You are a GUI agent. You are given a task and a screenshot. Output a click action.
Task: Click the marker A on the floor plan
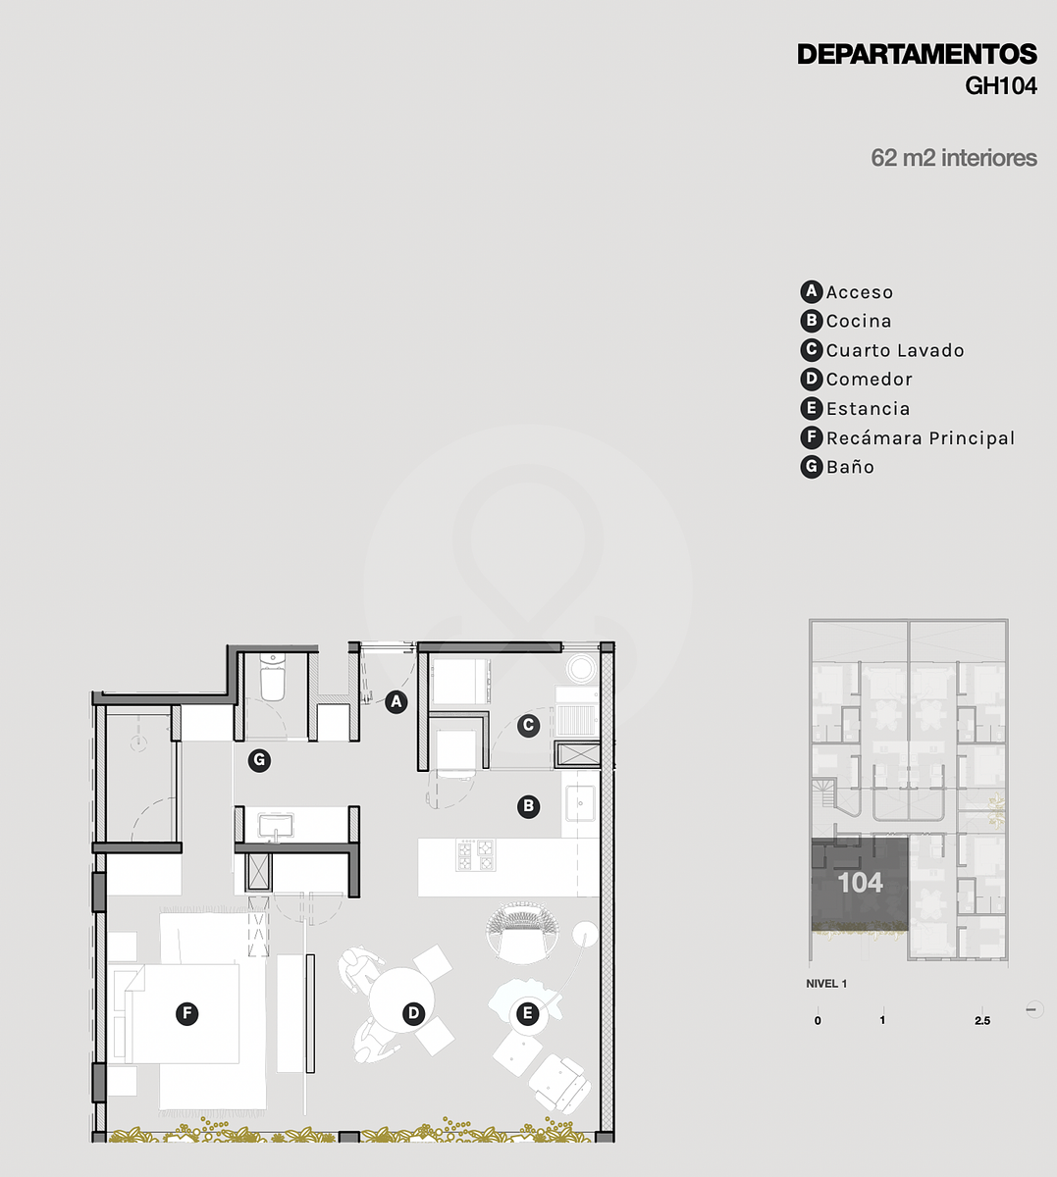pyautogui.click(x=396, y=701)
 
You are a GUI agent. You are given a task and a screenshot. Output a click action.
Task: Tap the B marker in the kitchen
pyautogui.click(x=528, y=806)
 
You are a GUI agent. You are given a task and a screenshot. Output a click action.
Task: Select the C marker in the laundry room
pyautogui.click(x=528, y=726)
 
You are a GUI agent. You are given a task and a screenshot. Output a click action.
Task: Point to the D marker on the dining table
pyautogui.click(x=413, y=1014)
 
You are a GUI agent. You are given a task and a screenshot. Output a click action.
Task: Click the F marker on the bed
pyautogui.click(x=187, y=1014)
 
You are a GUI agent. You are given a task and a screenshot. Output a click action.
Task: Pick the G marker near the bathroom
pyautogui.click(x=259, y=760)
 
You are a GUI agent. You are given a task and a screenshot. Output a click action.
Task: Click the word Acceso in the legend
pyautogui.click(x=860, y=292)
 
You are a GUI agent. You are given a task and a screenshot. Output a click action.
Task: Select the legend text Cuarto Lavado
pyautogui.click(x=895, y=350)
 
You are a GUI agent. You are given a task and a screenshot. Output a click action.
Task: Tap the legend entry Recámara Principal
pyautogui.click(x=921, y=438)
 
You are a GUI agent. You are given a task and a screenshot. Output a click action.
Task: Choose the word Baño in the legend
pyautogui.click(x=850, y=467)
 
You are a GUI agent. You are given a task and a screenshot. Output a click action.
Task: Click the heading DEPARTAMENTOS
pyautogui.click(x=917, y=54)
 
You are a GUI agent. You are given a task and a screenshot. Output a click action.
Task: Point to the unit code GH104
pyautogui.click(x=1001, y=86)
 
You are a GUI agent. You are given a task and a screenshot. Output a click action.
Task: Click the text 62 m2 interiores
pyautogui.click(x=954, y=158)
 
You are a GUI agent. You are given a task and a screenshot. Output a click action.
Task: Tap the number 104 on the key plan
pyautogui.click(x=861, y=883)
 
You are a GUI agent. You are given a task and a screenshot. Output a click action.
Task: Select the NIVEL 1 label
pyautogui.click(x=826, y=984)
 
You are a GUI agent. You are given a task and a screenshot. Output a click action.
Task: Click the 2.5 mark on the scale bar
pyautogui.click(x=982, y=1021)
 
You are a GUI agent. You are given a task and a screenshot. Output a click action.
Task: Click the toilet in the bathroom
pyautogui.click(x=272, y=678)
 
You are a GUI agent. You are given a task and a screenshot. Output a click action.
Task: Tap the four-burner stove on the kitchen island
pyautogui.click(x=476, y=854)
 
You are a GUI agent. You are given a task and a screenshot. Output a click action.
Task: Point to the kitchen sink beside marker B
pyautogui.click(x=580, y=803)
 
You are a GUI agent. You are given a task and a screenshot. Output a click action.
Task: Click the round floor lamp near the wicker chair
pyautogui.click(x=584, y=935)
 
